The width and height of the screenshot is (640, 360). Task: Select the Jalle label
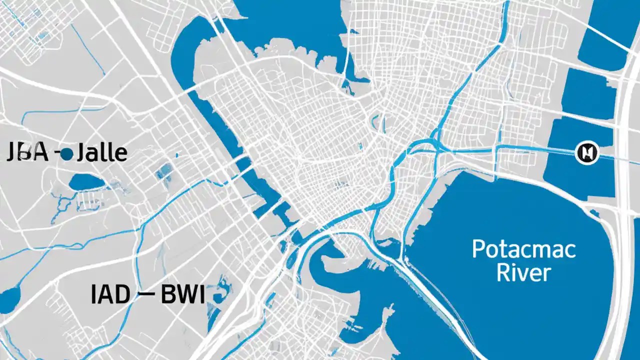[100, 152]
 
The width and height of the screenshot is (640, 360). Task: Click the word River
[524, 273]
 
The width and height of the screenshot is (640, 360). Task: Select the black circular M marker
[587, 152]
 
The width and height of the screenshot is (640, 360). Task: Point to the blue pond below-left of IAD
[9, 299]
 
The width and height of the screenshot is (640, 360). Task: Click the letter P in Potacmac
[479, 249]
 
